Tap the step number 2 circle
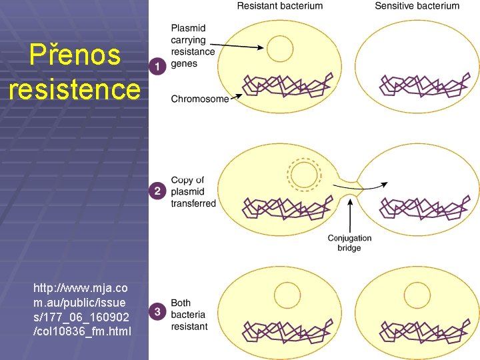coord(157,191)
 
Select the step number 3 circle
coord(157,311)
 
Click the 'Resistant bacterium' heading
coord(280,6)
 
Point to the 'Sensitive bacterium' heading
coord(417,6)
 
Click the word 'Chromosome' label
coord(199,99)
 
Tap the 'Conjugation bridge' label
coord(349,243)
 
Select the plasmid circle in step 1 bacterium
coord(279,49)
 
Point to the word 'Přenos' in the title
coord(75,56)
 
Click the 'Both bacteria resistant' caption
coord(189,315)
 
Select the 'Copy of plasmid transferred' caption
coord(193,192)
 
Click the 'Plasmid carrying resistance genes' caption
coord(193,46)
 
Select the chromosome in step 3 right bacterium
coord(421,332)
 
